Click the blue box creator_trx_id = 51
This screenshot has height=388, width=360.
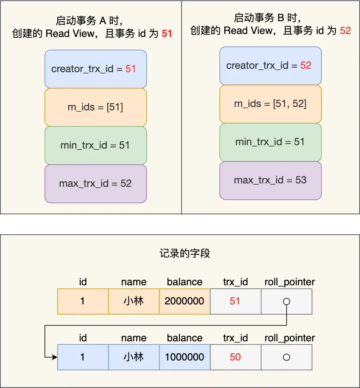tap(96, 69)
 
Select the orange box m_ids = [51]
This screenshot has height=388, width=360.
tap(96, 107)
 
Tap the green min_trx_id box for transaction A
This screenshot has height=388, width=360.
tap(96, 145)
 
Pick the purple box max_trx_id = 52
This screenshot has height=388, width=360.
tap(96, 184)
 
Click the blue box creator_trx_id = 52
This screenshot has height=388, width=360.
tap(271, 65)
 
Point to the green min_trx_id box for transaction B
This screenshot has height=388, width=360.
tap(271, 142)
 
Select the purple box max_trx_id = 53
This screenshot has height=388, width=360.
tap(271, 180)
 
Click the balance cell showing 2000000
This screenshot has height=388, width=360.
tap(184, 301)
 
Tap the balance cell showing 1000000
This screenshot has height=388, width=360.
tap(184, 357)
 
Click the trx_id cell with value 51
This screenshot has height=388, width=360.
tap(235, 301)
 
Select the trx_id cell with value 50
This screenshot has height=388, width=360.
tap(235, 357)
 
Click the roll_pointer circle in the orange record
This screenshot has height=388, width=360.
tap(287, 301)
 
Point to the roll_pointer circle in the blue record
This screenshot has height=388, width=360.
tap(287, 357)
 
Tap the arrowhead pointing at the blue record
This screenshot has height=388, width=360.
tap(54, 357)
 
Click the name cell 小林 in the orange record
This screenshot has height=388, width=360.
tap(134, 301)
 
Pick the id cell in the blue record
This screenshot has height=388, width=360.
tap(83, 357)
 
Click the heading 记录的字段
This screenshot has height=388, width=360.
tap(185, 253)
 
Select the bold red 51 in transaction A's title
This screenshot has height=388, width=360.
tap(167, 34)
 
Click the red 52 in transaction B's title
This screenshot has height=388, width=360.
tap(346, 31)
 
